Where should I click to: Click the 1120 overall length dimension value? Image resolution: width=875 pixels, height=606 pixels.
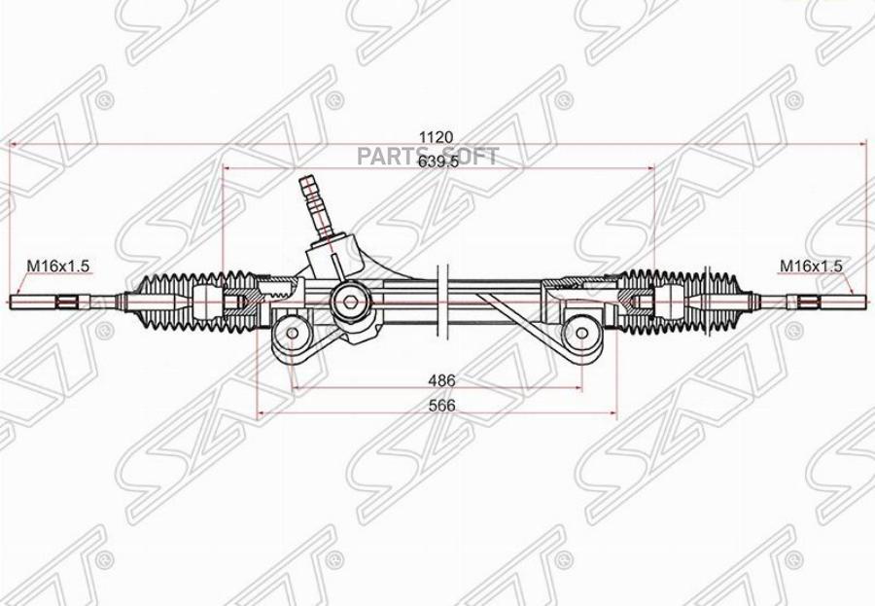(x=437, y=137)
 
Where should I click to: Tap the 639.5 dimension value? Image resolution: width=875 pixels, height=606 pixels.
(x=438, y=160)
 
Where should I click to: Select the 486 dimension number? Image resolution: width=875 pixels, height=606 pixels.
(x=442, y=381)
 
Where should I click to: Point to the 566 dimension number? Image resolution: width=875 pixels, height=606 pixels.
(x=442, y=406)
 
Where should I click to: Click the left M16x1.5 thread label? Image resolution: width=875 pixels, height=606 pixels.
(x=58, y=266)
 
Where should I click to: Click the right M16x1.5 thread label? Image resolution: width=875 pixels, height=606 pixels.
(x=810, y=266)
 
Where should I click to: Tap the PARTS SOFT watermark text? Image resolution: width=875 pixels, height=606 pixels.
(x=428, y=157)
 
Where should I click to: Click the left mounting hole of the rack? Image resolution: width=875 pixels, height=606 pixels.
(x=292, y=334)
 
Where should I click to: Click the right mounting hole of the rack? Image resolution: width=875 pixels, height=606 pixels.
(x=581, y=334)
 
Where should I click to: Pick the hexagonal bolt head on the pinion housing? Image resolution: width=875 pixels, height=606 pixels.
(x=350, y=302)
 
